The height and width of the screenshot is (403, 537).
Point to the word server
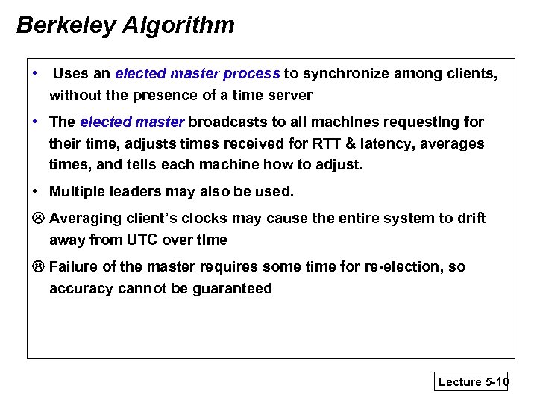(290, 96)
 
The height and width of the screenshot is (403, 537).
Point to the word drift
(470, 218)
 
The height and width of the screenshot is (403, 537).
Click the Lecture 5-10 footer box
(472, 381)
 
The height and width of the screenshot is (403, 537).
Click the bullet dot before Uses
(36, 73)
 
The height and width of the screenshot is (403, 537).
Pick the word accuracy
(81, 289)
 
